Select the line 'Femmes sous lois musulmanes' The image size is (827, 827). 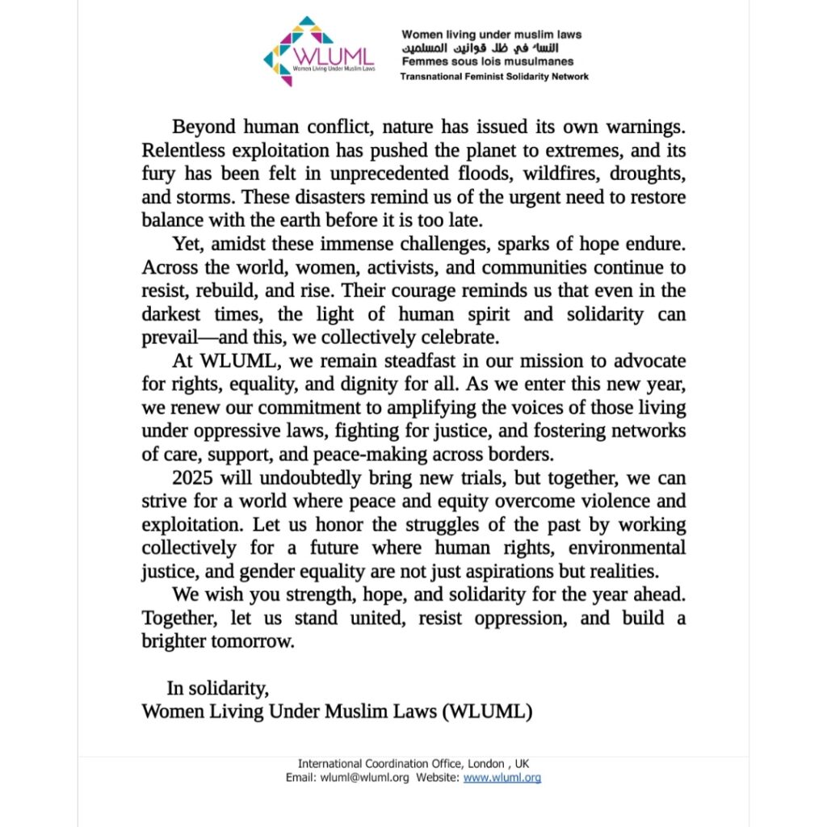pyautogui.click(x=488, y=61)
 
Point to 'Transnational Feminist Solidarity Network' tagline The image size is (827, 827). pyautogui.click(x=494, y=77)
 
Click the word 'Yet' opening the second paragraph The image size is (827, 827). pyautogui.click(x=186, y=244)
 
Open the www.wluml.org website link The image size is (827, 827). pyautogui.click(x=502, y=778)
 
